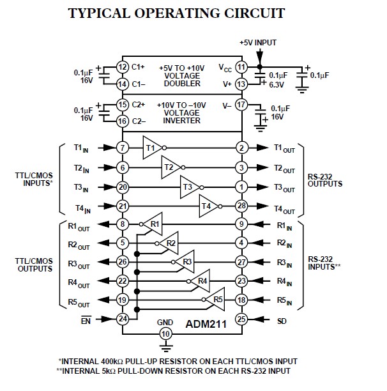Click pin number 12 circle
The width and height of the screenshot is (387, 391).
tap(123, 67)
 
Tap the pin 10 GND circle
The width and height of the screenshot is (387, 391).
tap(165, 334)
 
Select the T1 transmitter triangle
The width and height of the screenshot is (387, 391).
tap(152, 148)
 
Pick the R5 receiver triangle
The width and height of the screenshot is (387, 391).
tap(216, 299)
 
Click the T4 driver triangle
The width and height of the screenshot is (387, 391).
tap(209, 206)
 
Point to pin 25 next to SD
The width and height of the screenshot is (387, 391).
tap(241, 319)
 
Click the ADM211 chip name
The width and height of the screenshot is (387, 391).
tap(206, 324)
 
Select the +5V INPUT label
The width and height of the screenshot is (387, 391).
tap(258, 43)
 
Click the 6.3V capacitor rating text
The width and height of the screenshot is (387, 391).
tap(277, 85)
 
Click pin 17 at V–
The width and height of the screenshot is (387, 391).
tap(241, 105)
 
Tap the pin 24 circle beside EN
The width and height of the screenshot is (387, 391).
tap(123, 319)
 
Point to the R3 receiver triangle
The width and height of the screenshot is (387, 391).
tap(185, 262)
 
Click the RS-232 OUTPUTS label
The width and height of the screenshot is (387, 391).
tap(325, 180)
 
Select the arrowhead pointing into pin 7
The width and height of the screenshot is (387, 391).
tap(110, 148)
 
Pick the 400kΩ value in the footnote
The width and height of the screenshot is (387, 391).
tap(111, 362)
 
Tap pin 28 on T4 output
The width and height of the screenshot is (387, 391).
tap(241, 206)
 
